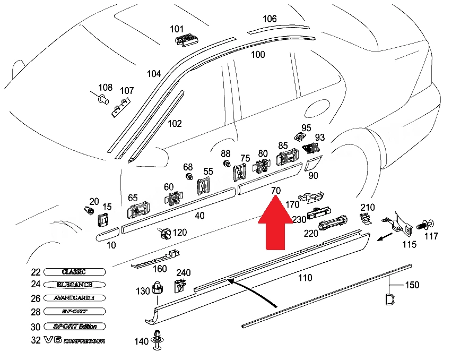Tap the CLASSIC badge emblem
[74, 272]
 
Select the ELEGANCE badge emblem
[74, 285]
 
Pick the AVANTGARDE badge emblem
[74, 298]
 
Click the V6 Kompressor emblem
[74, 340]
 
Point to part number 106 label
[270, 19]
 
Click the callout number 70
[275, 190]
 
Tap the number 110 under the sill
[305, 278]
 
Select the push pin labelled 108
[102, 98]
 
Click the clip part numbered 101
[187, 40]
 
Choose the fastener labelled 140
[157, 340]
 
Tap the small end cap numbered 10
[108, 234]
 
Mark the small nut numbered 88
[227, 164]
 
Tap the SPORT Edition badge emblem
[74, 326]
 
